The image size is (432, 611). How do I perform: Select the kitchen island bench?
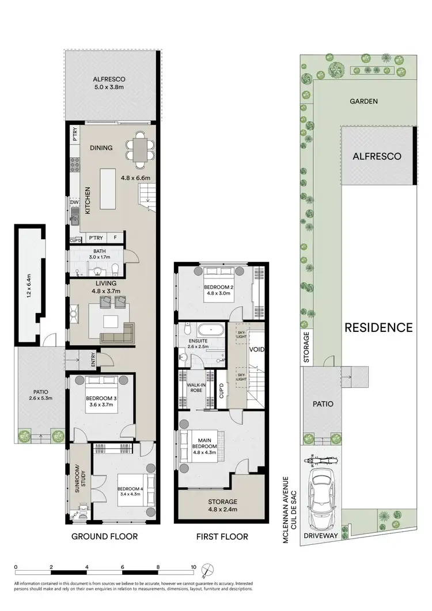point(112,188)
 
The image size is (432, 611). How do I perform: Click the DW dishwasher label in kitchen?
point(74,203)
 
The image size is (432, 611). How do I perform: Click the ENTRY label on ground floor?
point(93,360)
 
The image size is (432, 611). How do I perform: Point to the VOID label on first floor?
point(257,349)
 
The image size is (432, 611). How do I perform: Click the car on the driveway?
point(320,498)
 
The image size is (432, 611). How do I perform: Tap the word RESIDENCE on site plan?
point(378,327)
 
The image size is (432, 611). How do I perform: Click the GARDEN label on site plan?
point(364,101)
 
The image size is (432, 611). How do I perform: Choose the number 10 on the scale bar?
point(194,567)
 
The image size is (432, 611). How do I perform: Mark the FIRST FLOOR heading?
point(222,537)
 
